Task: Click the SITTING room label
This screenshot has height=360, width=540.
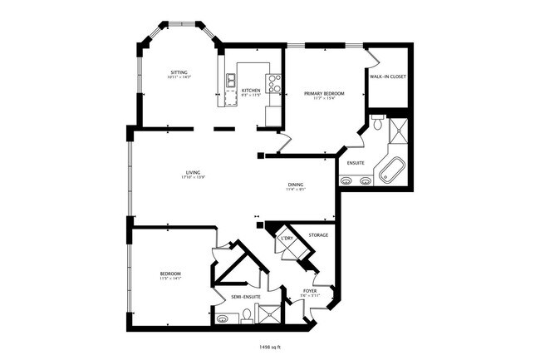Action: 179,73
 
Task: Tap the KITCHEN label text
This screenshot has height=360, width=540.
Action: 251,90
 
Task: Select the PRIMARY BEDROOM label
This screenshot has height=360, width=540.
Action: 324,94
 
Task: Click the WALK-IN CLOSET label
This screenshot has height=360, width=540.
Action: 387,76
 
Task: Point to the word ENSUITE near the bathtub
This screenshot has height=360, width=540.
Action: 355,163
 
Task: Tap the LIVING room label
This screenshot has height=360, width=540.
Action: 193,172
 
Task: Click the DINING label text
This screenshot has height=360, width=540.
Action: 296,185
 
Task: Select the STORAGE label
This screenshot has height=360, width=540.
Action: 318,235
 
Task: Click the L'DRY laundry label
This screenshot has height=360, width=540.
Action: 287,239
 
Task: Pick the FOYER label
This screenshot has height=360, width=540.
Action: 309,291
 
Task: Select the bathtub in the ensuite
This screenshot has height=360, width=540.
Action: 390,170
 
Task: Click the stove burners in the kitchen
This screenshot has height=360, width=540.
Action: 273,83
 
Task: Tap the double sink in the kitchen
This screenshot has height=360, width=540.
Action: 230,81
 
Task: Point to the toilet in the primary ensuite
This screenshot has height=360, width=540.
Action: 377,126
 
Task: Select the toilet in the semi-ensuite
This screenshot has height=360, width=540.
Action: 246,315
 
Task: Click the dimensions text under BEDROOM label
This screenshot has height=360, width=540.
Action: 170,279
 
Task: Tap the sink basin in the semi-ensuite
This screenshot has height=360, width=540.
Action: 222,317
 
